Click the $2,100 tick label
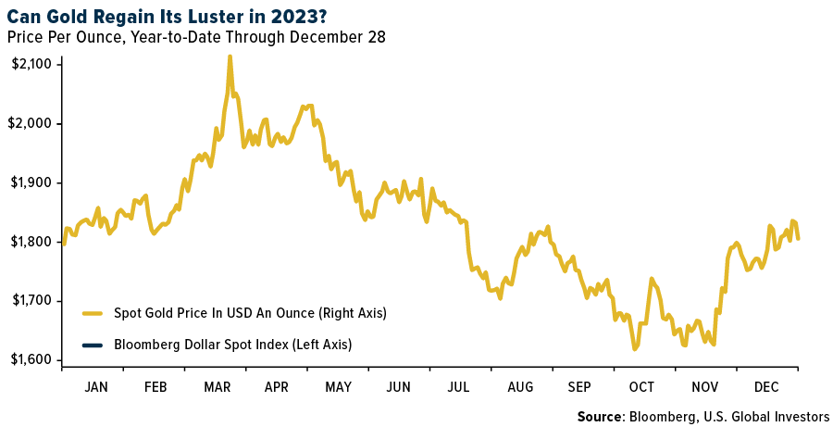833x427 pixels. [32, 64]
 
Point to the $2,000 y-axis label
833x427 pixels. [32, 123]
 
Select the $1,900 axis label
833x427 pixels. [32, 182]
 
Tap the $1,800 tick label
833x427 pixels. [32, 242]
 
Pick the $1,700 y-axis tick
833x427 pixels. [32, 301]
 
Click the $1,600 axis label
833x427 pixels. [32, 360]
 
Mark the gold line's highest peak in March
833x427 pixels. [230, 57]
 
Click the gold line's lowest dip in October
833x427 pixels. [635, 349]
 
